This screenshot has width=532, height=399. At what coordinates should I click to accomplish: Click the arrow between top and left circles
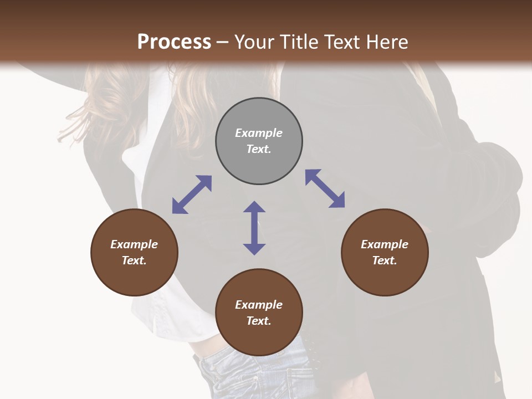(192, 195)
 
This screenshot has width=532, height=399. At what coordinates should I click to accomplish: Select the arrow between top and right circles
(325, 188)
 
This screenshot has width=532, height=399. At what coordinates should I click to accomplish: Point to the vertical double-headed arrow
(254, 228)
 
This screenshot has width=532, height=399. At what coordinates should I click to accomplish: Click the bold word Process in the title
(174, 42)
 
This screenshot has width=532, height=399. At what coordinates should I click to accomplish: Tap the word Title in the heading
(300, 42)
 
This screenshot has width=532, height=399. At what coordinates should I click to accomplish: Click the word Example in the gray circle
(259, 133)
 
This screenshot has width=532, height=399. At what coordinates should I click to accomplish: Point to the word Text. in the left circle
(134, 260)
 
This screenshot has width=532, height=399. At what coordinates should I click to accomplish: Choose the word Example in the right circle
(385, 244)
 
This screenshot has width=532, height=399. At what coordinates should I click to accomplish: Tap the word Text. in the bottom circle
(259, 321)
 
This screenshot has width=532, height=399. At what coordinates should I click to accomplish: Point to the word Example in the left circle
(134, 244)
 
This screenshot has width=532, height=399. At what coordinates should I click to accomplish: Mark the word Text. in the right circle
(385, 260)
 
